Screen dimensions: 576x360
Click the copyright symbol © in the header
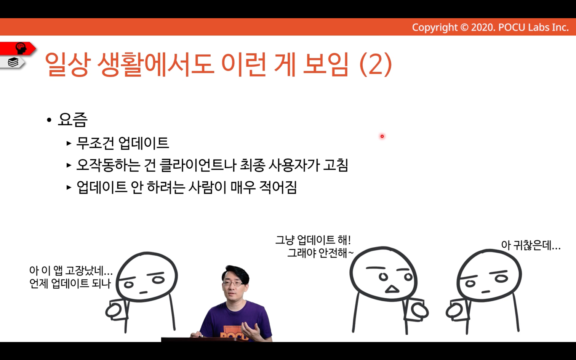point(464,27)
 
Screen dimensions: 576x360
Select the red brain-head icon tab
point(18,48)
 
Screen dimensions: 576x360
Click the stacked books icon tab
point(13,62)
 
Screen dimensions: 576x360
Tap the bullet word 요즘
point(73,120)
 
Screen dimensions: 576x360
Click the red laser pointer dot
point(382,136)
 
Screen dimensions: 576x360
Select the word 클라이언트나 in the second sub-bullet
point(198,165)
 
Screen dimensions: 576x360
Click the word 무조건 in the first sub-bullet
point(95,143)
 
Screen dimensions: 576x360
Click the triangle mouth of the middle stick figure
point(392,289)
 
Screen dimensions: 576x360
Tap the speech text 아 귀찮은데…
point(531,245)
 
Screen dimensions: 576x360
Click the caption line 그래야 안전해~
point(320,253)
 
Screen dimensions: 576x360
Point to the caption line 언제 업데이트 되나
point(70,284)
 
